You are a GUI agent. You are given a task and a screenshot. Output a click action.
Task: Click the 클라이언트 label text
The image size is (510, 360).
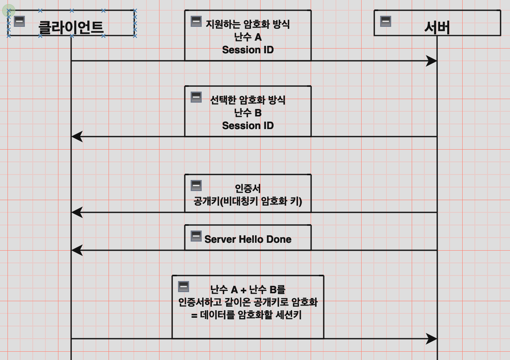coord(71,27)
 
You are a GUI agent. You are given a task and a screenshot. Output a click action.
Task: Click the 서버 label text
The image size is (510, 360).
coord(437,27)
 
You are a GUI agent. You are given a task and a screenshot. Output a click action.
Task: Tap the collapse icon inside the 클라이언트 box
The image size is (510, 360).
coord(19,21)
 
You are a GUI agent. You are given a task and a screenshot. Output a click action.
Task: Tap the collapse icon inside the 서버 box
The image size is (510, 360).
coord(386,21)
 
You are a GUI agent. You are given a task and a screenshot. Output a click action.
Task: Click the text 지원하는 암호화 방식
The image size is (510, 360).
coord(248,24)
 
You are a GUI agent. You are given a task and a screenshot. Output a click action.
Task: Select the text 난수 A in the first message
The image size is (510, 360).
coord(248,37)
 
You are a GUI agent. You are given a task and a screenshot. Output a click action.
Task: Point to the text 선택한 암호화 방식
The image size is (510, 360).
coord(248,100)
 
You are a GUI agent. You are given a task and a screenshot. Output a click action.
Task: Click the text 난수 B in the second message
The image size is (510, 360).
coord(248,113)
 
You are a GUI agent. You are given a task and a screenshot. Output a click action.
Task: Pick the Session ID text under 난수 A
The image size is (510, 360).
coord(248,50)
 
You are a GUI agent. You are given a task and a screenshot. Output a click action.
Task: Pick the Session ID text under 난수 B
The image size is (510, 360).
coord(248,126)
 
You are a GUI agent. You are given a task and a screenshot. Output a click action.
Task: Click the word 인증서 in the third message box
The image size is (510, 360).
coord(248,188)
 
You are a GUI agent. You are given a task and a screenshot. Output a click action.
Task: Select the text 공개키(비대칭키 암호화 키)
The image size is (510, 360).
coord(248,201)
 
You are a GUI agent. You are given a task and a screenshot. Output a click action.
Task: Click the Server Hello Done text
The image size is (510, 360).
coord(248,239)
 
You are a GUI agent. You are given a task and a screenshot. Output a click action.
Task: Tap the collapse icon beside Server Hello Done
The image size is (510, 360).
coord(196,236)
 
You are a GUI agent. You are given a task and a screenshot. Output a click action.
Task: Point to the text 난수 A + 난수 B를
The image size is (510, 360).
coord(248,290)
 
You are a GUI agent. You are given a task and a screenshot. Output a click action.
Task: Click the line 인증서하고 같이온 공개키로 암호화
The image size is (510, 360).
coord(248,302)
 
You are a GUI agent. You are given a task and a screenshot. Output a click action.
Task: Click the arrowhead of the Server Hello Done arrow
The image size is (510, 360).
coord(76,250)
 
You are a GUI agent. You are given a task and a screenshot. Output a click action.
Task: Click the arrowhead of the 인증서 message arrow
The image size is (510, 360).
coord(76,212)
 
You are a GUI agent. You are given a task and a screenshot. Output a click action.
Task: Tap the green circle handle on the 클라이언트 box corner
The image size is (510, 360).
coord(9,11)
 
